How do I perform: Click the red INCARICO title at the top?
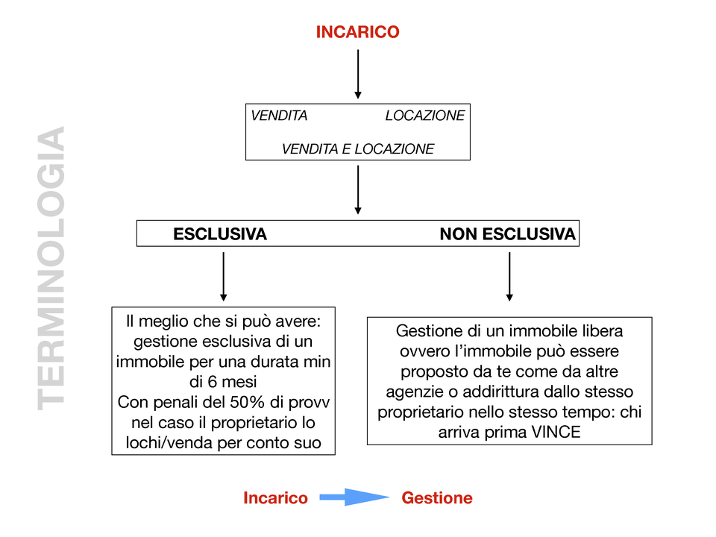357,32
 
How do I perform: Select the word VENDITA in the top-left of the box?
279,116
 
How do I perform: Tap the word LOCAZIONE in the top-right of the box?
424,116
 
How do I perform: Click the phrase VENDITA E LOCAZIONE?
357,149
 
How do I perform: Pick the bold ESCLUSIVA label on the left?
219,234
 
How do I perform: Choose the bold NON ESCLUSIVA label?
507,234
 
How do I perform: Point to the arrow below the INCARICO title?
358,74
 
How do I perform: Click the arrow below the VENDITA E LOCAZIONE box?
358,189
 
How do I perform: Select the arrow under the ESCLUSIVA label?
224,276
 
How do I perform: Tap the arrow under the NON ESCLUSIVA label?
509,276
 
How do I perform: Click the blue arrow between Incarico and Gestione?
354,497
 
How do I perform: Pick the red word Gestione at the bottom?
437,498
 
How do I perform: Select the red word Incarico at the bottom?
275,498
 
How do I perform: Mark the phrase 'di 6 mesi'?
224,382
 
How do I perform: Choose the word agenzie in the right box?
412,391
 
